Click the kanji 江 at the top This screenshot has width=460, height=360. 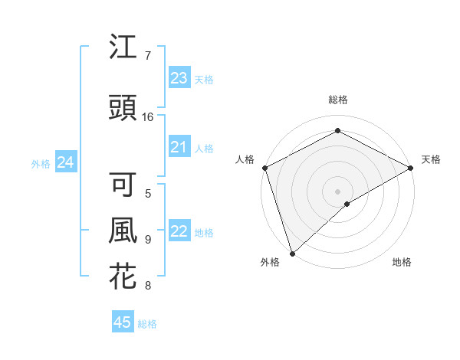click(123, 47)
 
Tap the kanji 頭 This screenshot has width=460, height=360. click(123, 109)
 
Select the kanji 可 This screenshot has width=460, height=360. click(123, 184)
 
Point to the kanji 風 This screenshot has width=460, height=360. click(123, 231)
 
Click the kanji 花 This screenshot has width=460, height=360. click(123, 277)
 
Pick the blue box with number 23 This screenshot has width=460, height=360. click(179, 77)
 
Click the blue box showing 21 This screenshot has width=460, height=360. click(179, 147)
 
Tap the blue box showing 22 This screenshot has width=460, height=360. click(179, 232)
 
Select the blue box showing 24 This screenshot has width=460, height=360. click(66, 162)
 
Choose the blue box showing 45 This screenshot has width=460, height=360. click(123, 322)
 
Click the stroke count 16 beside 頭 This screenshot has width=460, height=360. click(149, 117)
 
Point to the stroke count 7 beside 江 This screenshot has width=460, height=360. click(148, 56)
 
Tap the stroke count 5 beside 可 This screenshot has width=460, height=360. click(148, 193)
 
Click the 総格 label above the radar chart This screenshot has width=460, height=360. click(338, 100)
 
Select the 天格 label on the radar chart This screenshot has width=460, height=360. click(431, 159)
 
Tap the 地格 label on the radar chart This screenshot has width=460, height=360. click(402, 262)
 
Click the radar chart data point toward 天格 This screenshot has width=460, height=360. click(411, 168)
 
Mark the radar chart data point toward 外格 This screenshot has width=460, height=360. click(292, 253)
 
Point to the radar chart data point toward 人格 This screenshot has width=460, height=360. click(264, 167)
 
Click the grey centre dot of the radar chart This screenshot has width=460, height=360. click(338, 191)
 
